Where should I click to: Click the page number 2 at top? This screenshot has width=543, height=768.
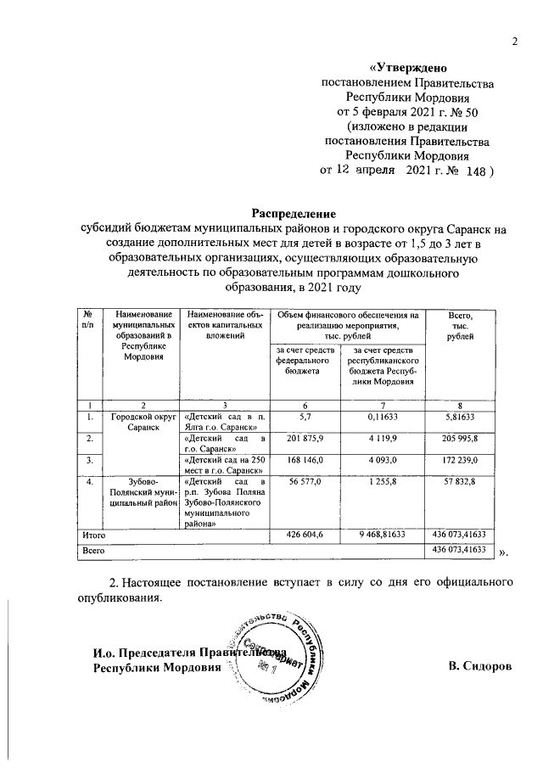[x=513, y=42]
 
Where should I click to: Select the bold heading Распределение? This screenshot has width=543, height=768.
[x=294, y=212]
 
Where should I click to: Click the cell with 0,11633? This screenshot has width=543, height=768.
[x=383, y=417]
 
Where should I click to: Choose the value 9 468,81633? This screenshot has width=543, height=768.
[x=383, y=535]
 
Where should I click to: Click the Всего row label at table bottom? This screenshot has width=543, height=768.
[x=92, y=551]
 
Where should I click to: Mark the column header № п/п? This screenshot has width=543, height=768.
[x=87, y=320]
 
